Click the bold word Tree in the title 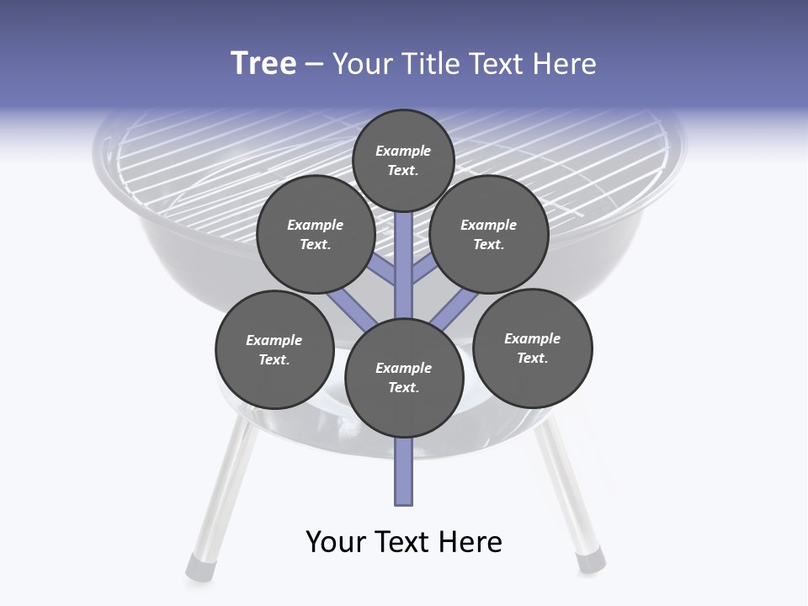pos(263,64)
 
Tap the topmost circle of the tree pos(403,160)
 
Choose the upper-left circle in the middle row pos(316,234)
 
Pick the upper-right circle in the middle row pos(489,234)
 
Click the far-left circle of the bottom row pos(274,349)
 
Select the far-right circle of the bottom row pos(533,348)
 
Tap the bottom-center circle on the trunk pos(404,377)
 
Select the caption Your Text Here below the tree pos(404,541)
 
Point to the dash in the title pos(314,65)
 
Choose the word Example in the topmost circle pos(403,151)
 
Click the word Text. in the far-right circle pos(533,358)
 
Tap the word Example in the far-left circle pos(274,340)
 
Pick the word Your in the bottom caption pos(336,541)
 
